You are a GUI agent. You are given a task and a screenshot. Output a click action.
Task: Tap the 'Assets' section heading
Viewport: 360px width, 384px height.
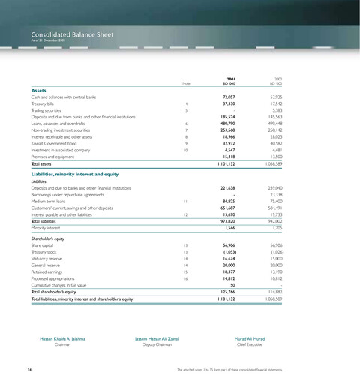point(41,90)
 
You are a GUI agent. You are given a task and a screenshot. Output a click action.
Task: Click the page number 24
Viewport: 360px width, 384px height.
point(28,369)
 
